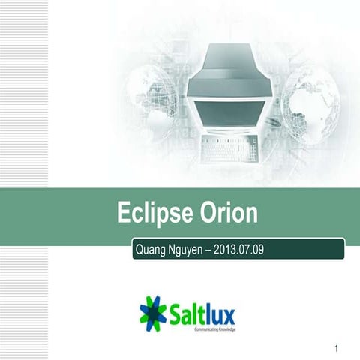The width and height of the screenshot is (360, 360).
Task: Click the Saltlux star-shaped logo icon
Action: coord(154,312)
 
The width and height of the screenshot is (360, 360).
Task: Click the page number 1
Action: coord(338,348)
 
